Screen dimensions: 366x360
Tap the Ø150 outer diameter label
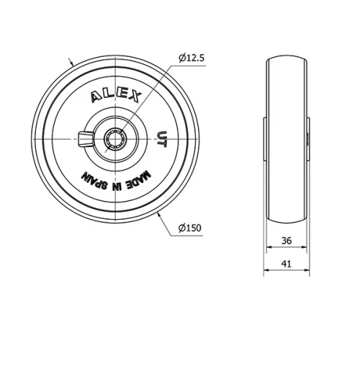pos(191,228)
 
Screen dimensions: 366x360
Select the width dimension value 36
pos(286,241)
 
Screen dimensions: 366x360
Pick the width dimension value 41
pos(286,264)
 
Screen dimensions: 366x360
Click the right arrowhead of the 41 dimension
pos(309,271)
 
